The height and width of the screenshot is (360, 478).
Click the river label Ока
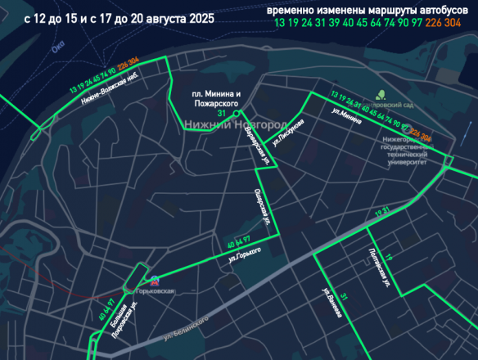(57, 49)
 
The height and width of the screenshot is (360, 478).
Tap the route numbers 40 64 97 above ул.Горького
(238, 242)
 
